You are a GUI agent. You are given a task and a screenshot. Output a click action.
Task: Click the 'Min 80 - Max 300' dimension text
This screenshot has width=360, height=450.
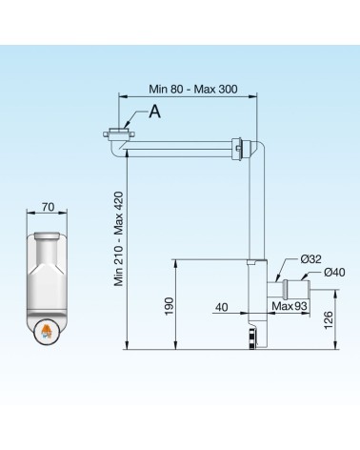coord(193,89)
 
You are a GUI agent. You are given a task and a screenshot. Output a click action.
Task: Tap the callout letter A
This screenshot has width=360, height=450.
coord(155,112)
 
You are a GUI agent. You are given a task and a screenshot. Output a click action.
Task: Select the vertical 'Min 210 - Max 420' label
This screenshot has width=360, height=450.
coord(118,238)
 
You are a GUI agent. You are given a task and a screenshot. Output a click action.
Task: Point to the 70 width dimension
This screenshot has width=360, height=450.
coord(48,207)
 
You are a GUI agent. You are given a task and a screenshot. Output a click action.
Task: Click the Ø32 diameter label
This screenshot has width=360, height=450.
coord(311,259)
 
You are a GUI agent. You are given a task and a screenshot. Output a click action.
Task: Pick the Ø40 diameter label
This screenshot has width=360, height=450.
coord(334,273)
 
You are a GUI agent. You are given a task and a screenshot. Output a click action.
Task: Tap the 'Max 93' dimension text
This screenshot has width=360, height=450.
coord(290,306)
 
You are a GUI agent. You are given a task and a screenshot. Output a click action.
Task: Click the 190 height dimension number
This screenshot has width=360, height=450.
coord(169,306)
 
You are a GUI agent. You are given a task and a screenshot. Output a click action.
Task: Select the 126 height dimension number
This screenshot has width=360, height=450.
coord(329,320)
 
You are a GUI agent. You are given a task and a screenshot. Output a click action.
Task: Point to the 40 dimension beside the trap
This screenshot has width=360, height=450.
coord(222,307)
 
